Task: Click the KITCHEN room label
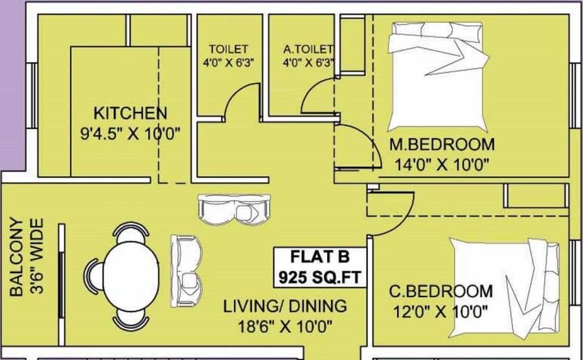click(x=130, y=113)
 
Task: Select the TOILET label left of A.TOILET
click(x=228, y=49)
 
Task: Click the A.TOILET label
click(x=308, y=49)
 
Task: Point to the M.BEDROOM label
click(x=442, y=144)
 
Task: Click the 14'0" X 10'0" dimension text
click(x=441, y=164)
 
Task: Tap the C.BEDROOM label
click(x=441, y=291)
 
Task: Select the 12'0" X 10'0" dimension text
click(x=440, y=311)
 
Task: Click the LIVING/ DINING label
click(x=285, y=306)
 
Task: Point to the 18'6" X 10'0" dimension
click(x=285, y=326)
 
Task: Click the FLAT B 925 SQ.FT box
click(x=320, y=267)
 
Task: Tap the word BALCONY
click(x=16, y=257)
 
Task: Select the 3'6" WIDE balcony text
click(x=36, y=256)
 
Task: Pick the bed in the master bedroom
click(x=438, y=76)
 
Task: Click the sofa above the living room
click(x=234, y=209)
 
